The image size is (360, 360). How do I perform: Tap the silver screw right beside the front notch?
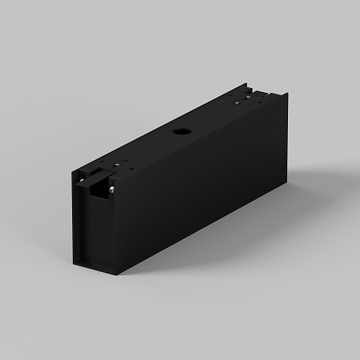(111, 189)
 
